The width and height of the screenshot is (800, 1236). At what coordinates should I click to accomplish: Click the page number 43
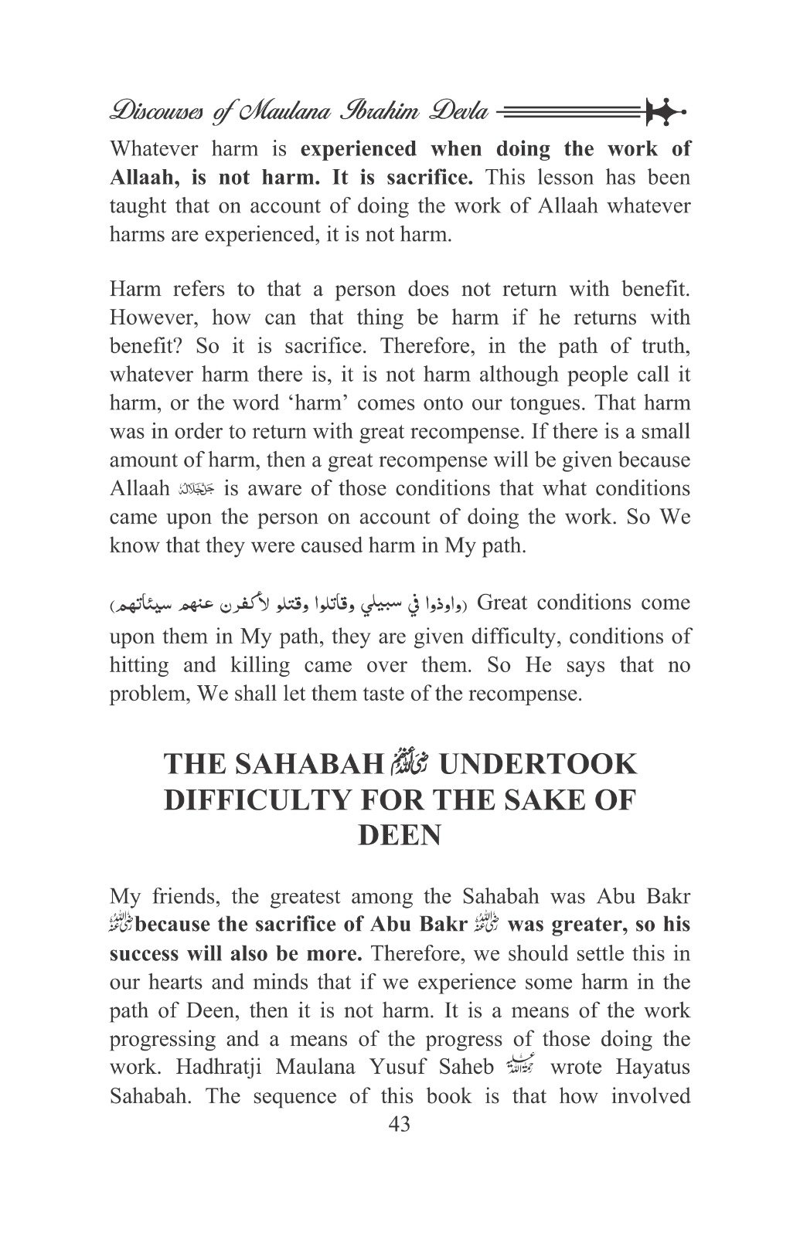(399, 1124)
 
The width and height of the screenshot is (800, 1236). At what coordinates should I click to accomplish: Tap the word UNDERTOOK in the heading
(537, 765)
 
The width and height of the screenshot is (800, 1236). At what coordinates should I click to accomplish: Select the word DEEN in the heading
(400, 836)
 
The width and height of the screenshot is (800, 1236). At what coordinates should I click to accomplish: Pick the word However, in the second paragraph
(153, 318)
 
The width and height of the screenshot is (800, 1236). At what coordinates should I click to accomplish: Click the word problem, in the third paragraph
(150, 694)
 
